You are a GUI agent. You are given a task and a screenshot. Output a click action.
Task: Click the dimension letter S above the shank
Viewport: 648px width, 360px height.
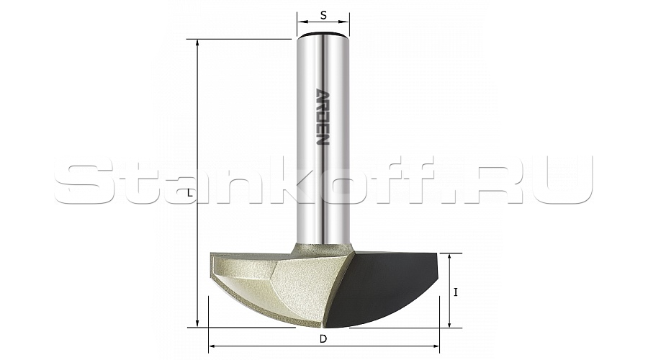click(x=323, y=15)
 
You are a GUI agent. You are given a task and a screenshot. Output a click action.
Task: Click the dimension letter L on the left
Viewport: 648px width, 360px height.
click(x=189, y=193)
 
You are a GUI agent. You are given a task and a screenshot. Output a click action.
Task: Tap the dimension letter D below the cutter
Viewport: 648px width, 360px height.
click(x=323, y=339)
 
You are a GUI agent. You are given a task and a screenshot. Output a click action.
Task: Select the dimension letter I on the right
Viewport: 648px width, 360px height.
click(x=456, y=292)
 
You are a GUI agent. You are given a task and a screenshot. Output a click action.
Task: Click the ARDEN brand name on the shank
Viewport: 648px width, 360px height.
click(x=323, y=117)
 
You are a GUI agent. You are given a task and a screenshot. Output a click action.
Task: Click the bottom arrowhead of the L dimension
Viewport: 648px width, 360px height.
click(x=197, y=323)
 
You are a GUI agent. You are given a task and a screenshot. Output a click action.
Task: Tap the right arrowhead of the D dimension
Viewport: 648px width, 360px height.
click(x=434, y=346)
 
